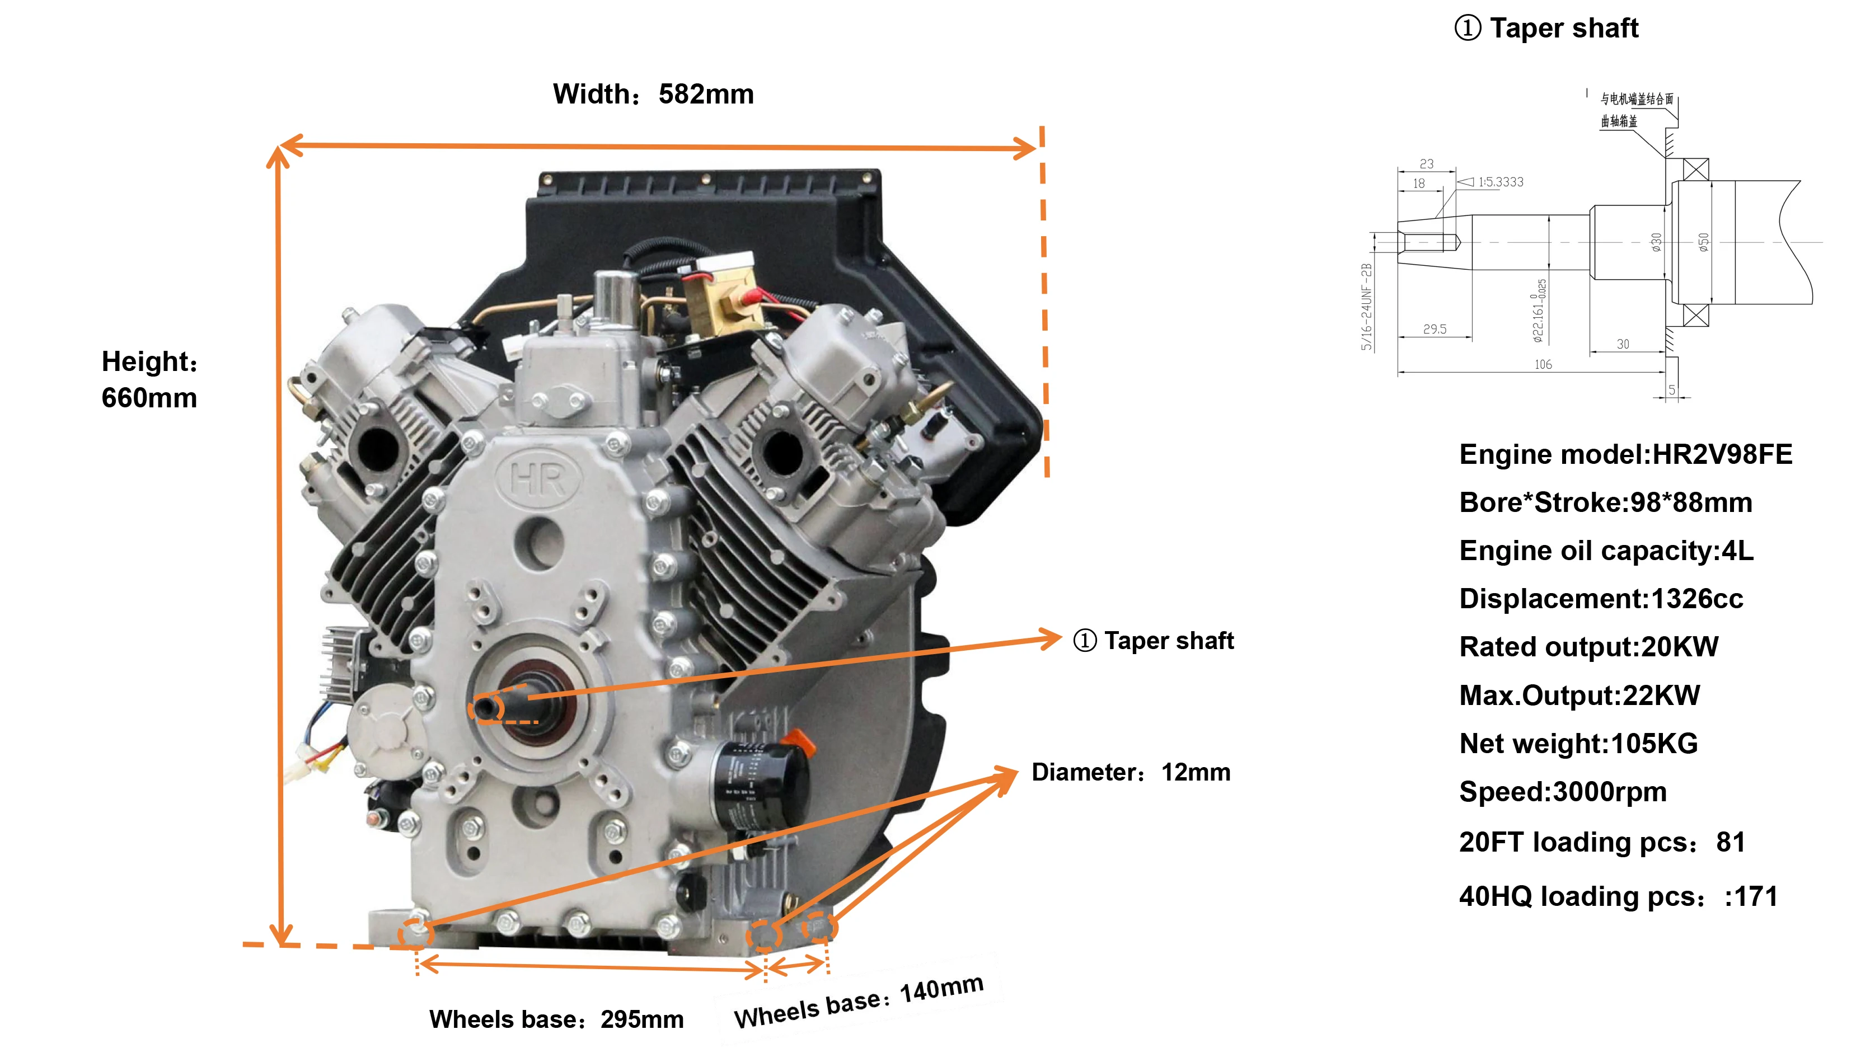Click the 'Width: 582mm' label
point(653,95)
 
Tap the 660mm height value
point(149,398)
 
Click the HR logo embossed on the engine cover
point(538,480)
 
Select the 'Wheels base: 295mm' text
point(556,1019)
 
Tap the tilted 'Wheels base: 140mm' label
point(859,1002)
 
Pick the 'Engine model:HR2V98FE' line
point(1625,454)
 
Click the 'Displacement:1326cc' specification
point(1601,599)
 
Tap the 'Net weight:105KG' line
point(1578,743)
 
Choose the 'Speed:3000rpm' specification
point(1562,791)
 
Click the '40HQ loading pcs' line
point(1618,896)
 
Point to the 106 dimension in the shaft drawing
point(1543,364)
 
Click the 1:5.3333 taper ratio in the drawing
point(1500,182)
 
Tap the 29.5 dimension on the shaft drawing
point(1435,329)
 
